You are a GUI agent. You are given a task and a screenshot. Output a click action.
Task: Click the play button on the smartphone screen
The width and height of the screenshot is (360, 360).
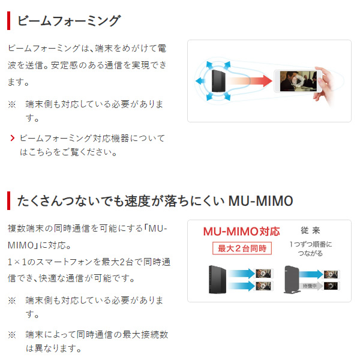coord(298,80)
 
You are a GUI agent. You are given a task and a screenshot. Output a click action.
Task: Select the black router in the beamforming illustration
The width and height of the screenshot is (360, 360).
coord(217,80)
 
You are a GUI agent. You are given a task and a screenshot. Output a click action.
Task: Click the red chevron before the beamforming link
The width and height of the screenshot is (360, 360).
coord(12,139)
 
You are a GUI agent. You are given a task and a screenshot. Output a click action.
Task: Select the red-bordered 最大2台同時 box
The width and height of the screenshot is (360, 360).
coord(241,248)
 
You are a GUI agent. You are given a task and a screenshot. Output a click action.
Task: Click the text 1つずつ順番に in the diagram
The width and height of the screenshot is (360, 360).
coord(310,244)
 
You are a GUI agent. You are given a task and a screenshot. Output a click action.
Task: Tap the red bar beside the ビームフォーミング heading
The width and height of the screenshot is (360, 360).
coord(8,21)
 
